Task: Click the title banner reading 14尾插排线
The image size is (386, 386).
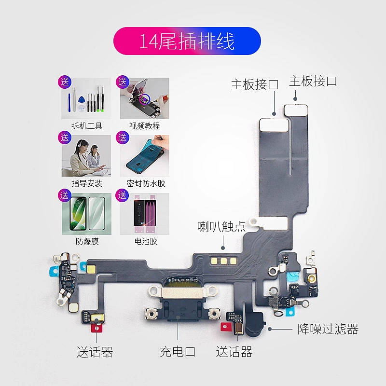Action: (x=187, y=41)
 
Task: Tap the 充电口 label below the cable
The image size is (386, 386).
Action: (x=178, y=352)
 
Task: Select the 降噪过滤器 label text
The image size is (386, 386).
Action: (x=328, y=330)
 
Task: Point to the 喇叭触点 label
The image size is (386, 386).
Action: (x=221, y=227)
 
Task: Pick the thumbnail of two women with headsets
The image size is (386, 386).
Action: (x=87, y=156)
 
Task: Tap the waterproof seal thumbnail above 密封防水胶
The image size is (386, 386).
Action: (x=145, y=156)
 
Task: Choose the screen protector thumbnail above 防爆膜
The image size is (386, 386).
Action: (x=87, y=214)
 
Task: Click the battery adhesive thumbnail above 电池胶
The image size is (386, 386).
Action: (x=145, y=214)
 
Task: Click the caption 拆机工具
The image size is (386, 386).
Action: (x=87, y=126)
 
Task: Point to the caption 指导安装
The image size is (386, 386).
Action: (x=87, y=184)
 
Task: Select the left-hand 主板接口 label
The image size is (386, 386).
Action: (x=254, y=84)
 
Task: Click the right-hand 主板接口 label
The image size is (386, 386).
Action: (x=313, y=81)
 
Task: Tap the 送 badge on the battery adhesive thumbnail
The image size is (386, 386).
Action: (x=123, y=195)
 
